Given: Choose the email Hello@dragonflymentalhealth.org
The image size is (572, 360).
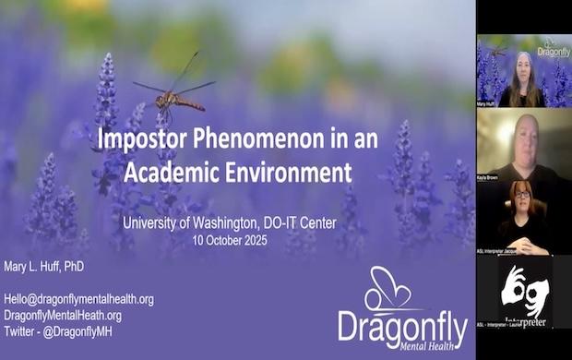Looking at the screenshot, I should point(78,299).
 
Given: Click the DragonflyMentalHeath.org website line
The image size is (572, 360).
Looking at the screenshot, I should point(63,315).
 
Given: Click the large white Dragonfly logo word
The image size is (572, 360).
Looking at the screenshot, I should point(401,327).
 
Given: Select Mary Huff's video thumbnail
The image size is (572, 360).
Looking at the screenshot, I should point(523,71).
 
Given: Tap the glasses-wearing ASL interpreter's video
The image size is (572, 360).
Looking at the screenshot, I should point(523,215).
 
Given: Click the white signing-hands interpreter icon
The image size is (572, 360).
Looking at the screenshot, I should point(523,290).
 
